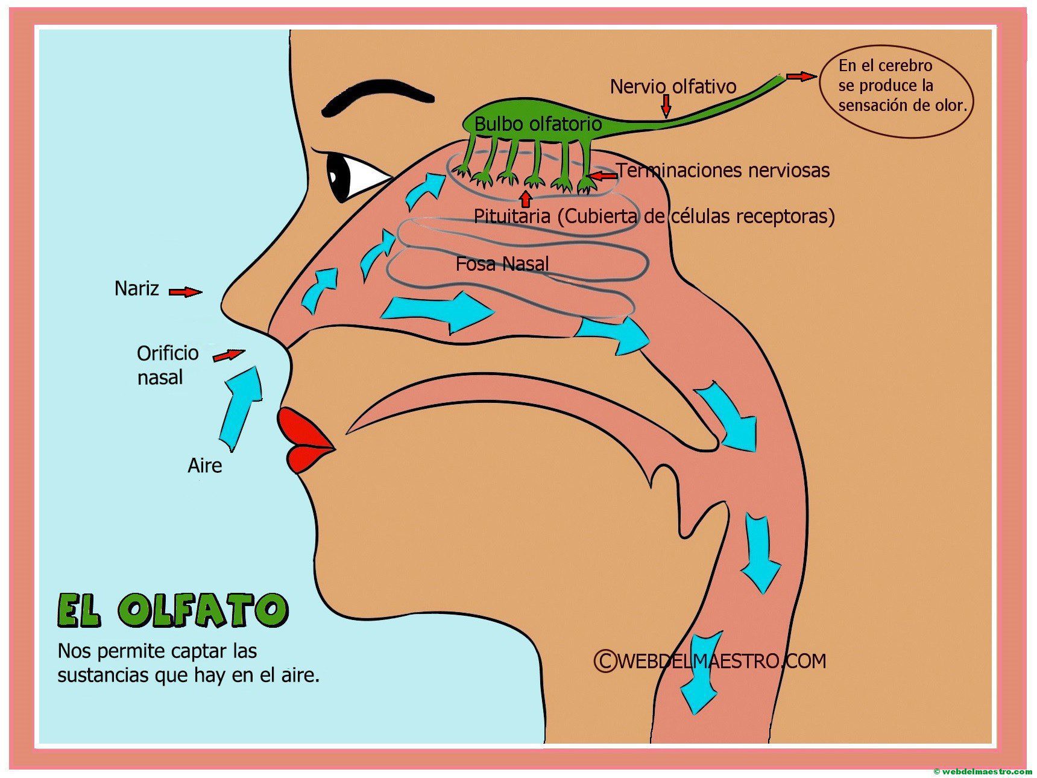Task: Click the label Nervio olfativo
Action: click(x=673, y=87)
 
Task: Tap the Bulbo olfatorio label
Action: click(x=538, y=124)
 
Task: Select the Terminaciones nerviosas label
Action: click(x=723, y=171)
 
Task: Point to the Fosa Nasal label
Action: click(x=502, y=264)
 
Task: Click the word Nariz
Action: click(x=137, y=288)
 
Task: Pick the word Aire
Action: click(x=204, y=466)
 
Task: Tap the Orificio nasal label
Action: click(x=168, y=365)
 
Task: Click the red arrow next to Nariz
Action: click(x=185, y=292)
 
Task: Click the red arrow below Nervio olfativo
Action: click(x=666, y=106)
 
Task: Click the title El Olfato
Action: click(x=173, y=610)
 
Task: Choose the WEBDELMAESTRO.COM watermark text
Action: click(x=710, y=661)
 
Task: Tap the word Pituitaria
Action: click(x=512, y=216)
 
